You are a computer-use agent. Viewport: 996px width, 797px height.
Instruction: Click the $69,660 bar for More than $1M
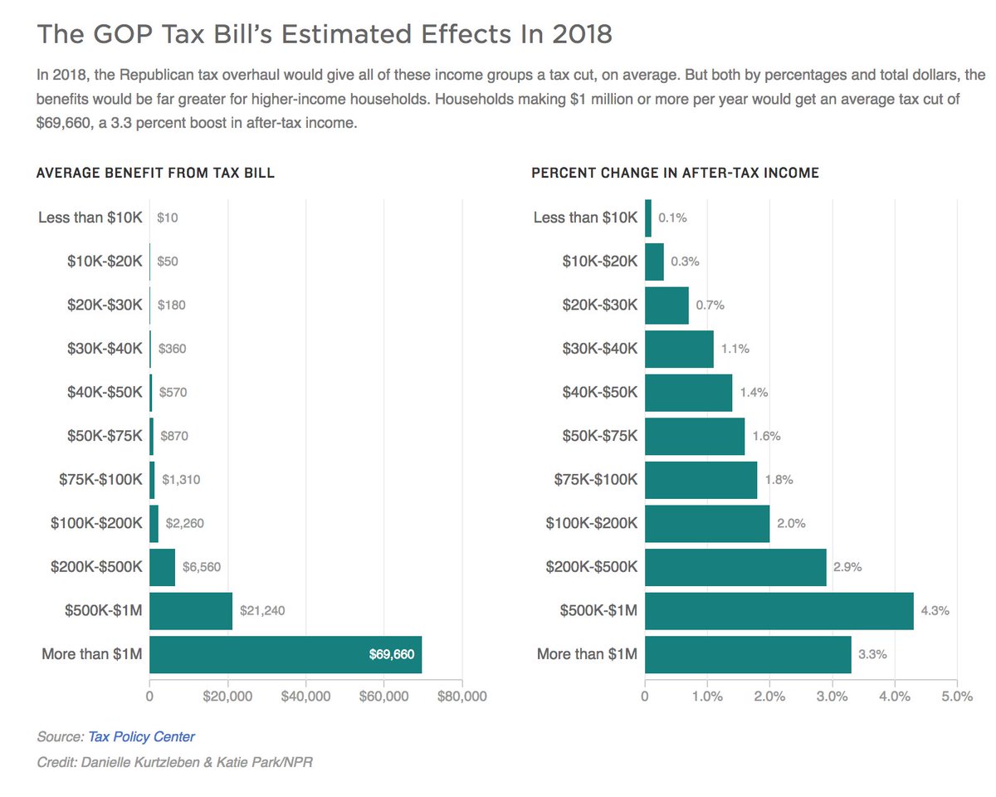[286, 654]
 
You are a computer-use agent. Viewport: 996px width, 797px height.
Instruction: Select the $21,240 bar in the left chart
[191, 611]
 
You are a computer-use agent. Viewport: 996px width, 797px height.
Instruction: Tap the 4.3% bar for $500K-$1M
[779, 611]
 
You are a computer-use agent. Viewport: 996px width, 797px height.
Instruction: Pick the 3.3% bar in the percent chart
[748, 654]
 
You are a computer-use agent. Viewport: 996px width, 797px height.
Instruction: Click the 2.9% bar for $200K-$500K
[735, 567]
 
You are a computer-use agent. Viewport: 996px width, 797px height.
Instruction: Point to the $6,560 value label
[202, 567]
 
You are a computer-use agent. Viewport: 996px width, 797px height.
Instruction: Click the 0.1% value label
[672, 218]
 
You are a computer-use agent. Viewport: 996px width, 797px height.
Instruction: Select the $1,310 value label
[181, 479]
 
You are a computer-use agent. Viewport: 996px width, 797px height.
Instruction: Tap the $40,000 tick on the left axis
[306, 697]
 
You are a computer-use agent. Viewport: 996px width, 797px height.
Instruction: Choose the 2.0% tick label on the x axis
[769, 697]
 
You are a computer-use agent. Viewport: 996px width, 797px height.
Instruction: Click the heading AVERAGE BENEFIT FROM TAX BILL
[155, 174]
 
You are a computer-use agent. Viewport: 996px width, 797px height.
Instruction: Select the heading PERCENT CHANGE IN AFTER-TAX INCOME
[675, 174]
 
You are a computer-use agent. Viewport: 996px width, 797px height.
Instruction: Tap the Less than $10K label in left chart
[90, 218]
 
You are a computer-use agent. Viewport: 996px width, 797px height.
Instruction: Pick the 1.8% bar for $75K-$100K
[701, 480]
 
